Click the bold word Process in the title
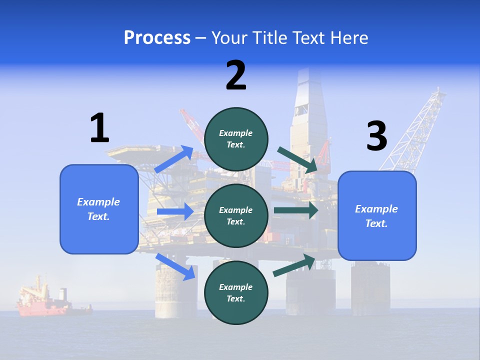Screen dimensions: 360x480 tap(157, 38)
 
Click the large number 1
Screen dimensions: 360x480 tap(99, 128)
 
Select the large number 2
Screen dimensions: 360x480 tap(236, 75)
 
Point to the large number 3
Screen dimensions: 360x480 tap(376, 136)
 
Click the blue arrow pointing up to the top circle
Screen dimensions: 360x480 tap(174, 159)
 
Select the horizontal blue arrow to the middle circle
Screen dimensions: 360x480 tap(175, 211)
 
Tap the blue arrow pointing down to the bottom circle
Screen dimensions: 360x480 tap(175, 266)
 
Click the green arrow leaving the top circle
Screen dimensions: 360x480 tap(298, 160)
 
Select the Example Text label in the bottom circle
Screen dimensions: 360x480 tap(236, 292)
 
